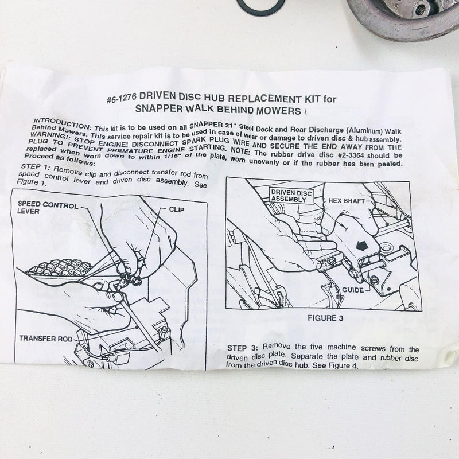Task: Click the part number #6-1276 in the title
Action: point(121,98)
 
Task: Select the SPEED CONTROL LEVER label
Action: point(48,208)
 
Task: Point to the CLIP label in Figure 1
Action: point(177,209)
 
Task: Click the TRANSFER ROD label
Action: point(46,339)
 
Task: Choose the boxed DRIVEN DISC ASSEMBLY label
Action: point(291,196)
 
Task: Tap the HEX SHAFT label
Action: point(347,201)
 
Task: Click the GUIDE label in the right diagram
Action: point(353,290)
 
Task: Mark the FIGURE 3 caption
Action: point(325,318)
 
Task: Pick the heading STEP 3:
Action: point(243,348)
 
